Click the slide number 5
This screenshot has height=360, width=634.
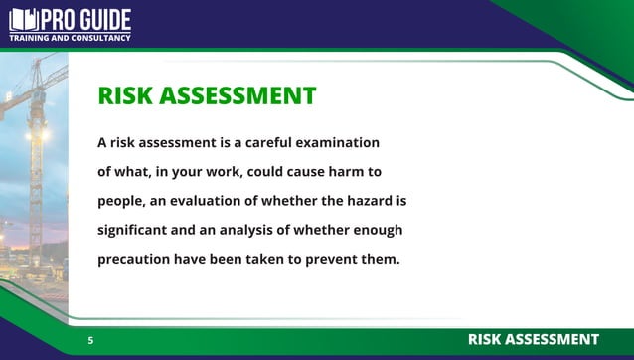90,341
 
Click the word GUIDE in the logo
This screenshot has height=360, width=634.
100,19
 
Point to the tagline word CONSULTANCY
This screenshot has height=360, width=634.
99,39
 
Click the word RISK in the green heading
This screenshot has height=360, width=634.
124,95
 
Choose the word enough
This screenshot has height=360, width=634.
377,231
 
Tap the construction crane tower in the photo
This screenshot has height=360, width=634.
37,169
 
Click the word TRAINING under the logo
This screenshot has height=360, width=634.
29,39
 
